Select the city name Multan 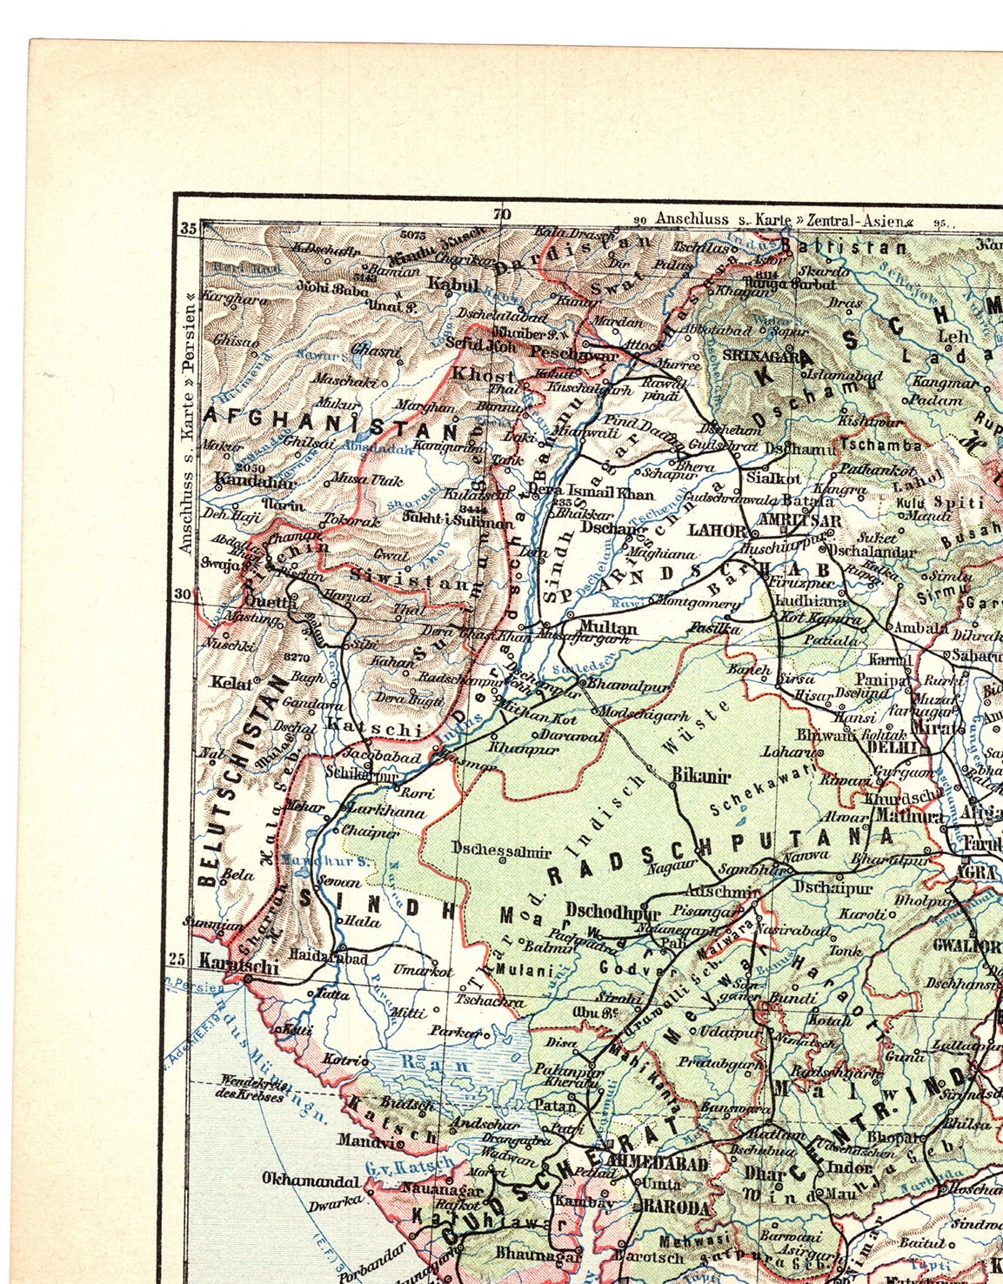pos(608,627)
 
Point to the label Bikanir pos(700,775)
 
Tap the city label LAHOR pos(716,529)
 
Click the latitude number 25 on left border pos(177,960)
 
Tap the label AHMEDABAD pos(658,1163)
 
